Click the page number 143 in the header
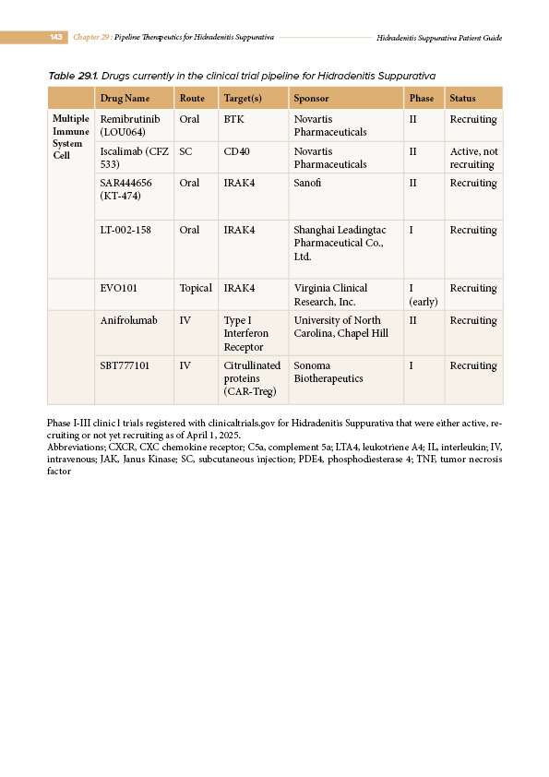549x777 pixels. (x=56, y=37)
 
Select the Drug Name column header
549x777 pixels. (x=125, y=98)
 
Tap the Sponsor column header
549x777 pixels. (x=310, y=98)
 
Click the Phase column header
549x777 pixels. (x=421, y=98)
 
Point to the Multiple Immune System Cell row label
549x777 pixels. (x=71, y=137)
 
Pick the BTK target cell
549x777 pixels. (x=234, y=120)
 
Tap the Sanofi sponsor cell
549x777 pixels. (x=308, y=184)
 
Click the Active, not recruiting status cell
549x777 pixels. (x=473, y=158)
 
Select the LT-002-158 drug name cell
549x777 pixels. (x=125, y=230)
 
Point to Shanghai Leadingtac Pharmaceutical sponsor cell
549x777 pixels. (x=339, y=243)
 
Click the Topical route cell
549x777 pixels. (x=196, y=288)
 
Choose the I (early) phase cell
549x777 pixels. (x=423, y=294)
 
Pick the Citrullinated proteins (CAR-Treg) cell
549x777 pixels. (x=252, y=378)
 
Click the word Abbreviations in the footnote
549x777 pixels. (x=77, y=445)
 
